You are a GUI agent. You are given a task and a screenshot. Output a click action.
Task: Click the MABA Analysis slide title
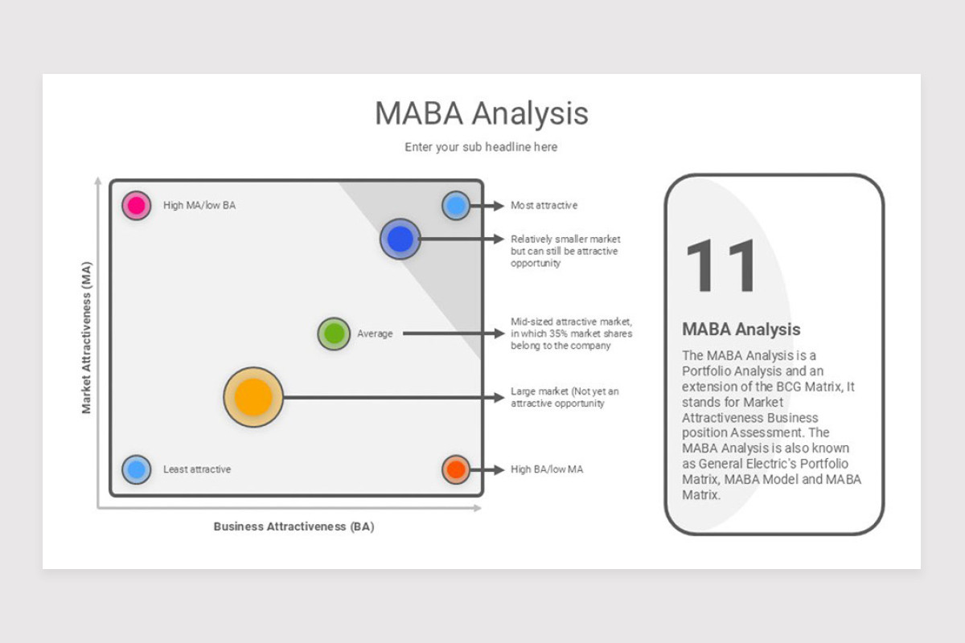tap(481, 113)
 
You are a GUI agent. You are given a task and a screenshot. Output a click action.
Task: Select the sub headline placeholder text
tap(481, 147)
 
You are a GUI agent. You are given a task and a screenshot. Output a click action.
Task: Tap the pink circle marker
tap(137, 205)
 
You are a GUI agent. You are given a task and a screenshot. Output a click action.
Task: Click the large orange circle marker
tap(253, 397)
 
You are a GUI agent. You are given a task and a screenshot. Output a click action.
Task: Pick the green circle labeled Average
tap(334, 334)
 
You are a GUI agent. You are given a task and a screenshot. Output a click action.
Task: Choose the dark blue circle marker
tap(400, 239)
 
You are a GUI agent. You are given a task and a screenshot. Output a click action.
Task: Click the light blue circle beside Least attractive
tap(137, 469)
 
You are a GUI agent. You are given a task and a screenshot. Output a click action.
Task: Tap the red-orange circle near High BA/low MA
tap(456, 469)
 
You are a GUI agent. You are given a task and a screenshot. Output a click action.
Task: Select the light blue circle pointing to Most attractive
tap(456, 206)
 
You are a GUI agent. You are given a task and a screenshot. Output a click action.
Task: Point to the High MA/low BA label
tap(199, 206)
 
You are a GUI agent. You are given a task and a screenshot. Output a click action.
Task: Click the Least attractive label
tap(197, 469)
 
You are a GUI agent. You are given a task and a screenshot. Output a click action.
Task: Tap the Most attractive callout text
tap(544, 206)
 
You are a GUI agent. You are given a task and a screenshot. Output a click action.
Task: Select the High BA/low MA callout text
tap(547, 469)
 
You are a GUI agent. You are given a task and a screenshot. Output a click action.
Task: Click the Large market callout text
tap(565, 397)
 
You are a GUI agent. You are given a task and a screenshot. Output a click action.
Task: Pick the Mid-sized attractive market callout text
tap(571, 334)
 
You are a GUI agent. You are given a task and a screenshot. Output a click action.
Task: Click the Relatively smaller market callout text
tap(565, 251)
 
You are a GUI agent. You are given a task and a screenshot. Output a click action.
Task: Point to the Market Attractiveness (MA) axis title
tap(87, 338)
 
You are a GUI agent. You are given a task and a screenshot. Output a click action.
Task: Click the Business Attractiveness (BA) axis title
tap(294, 527)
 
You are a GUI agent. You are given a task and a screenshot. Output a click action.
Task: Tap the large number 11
tap(721, 267)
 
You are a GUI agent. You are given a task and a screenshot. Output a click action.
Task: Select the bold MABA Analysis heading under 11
tap(741, 329)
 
